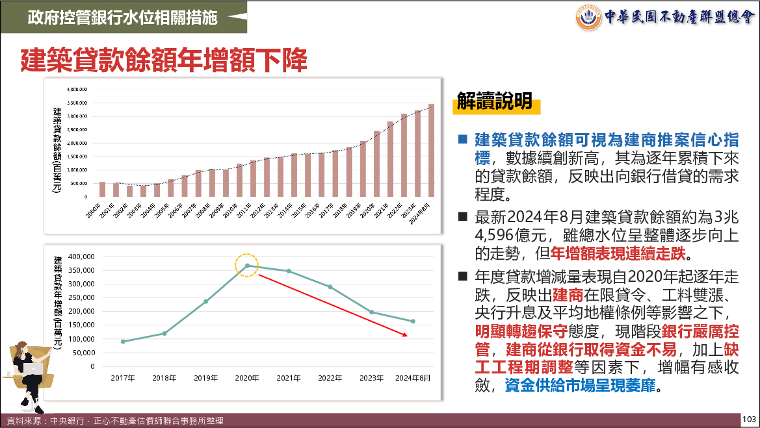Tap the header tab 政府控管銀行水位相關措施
[x=123, y=18]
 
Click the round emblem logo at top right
[x=588, y=17]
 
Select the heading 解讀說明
[x=495, y=101]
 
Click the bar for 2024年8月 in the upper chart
[x=431, y=150]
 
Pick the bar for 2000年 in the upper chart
[x=102, y=189]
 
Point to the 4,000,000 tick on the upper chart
[x=77, y=89]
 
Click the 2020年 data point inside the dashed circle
[x=247, y=266]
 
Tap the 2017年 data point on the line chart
[x=123, y=342]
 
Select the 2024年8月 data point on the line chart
[x=413, y=321]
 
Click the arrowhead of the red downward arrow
[x=406, y=335]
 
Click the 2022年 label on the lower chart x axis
[x=330, y=377]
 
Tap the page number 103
[x=750, y=420]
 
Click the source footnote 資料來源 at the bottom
[x=114, y=421]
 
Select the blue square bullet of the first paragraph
[x=463, y=140]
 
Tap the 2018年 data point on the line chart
[x=164, y=334]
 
